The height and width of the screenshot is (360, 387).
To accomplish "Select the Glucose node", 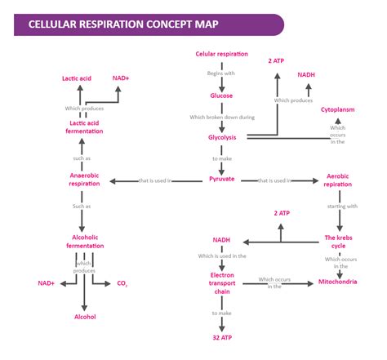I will pos(221,96).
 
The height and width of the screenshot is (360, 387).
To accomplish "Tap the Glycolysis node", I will pos(221,137).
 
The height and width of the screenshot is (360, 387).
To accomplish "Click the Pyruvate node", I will pos(221,178).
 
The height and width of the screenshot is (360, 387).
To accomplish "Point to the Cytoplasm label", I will pos(337,109).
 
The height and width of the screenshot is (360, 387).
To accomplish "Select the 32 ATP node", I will pos(221,336).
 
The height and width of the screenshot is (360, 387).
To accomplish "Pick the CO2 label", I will pos(122,283).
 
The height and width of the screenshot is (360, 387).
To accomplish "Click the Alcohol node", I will pos(85,317).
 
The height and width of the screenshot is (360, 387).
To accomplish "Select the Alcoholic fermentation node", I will pos(85,242).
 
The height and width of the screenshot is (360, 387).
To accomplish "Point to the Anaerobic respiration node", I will pos(85,180).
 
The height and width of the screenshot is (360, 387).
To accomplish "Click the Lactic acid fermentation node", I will pos(85,127).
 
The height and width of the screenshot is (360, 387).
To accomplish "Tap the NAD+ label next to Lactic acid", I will pos(121,78).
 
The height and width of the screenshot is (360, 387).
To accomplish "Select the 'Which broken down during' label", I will pos(221,117).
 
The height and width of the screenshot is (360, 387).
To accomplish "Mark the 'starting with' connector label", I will pos(341,207).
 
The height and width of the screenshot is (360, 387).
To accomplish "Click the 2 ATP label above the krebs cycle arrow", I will pos(282,213).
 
